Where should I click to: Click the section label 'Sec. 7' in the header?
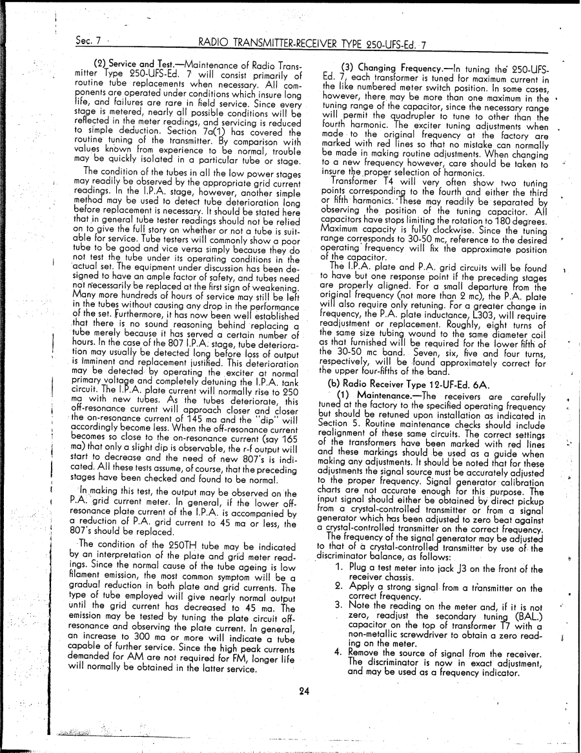[x=88, y=45]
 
